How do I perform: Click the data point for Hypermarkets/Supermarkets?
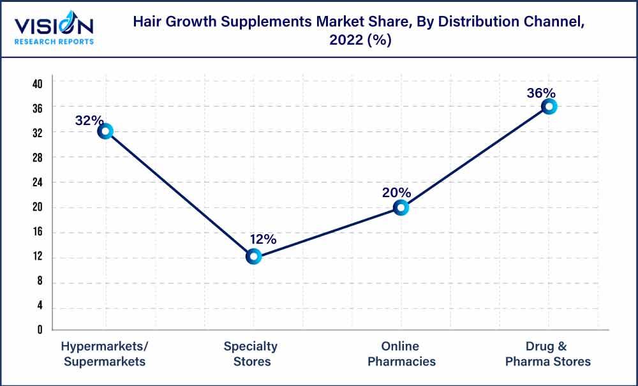click(105, 131)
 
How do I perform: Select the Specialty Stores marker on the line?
click(253, 256)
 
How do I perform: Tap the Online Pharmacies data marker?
click(401, 207)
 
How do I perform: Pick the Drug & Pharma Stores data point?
click(549, 107)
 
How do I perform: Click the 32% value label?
click(89, 120)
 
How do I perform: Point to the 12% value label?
click(262, 239)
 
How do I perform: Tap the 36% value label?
click(541, 93)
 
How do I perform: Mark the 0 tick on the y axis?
click(40, 330)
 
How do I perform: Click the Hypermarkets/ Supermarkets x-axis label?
click(105, 354)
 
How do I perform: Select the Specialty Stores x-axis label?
click(251, 354)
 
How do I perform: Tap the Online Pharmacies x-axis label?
click(401, 354)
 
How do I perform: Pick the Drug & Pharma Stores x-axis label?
click(548, 354)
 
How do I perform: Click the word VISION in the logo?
click(54, 27)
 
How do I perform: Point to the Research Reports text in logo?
click(54, 42)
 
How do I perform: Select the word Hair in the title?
click(146, 22)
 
